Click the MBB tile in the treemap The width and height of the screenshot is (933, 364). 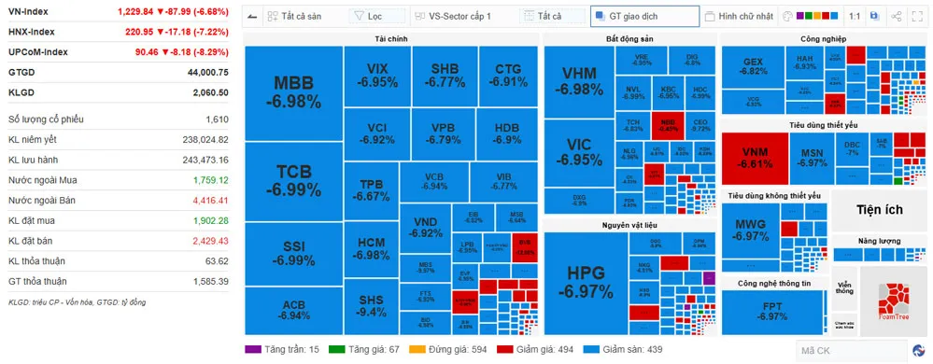[x=293, y=91]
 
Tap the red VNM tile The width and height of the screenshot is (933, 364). [x=755, y=157]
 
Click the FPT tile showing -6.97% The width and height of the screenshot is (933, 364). [x=772, y=311]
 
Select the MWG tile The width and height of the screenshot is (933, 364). [x=751, y=230]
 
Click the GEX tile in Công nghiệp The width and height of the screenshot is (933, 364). [x=753, y=66]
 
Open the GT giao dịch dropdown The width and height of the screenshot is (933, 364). [x=644, y=16]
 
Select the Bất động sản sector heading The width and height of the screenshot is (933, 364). [x=629, y=38]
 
